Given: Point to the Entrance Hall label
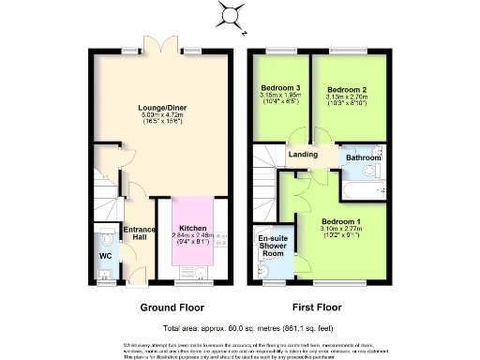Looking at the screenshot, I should tap(138, 232).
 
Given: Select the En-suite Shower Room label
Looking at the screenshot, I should tap(272, 247).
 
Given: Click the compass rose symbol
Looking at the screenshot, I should tap(229, 14).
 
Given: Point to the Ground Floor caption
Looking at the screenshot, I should tap(172, 307).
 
